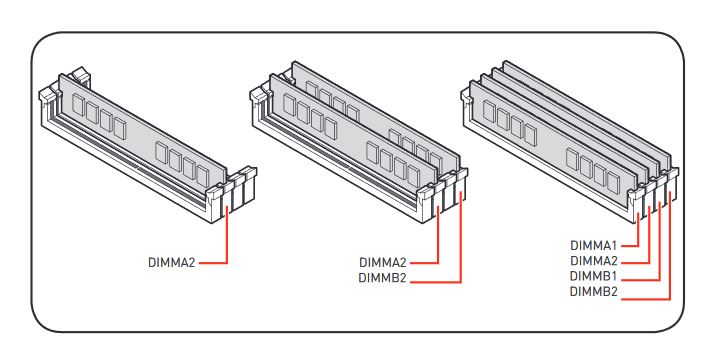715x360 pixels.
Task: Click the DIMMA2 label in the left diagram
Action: click(171, 263)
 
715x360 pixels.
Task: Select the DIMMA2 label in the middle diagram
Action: click(383, 263)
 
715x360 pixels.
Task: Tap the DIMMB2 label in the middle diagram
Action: click(382, 277)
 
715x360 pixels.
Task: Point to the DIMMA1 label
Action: click(594, 245)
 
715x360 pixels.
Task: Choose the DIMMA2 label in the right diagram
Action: click(594, 261)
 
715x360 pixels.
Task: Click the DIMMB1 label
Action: click(594, 276)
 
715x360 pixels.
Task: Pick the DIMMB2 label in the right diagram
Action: click(594, 291)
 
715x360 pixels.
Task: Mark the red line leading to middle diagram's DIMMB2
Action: click(461, 282)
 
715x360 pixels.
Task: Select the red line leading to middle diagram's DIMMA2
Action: click(438, 262)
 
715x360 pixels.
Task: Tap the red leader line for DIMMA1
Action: click(637, 245)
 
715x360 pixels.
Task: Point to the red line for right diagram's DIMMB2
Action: click(670, 299)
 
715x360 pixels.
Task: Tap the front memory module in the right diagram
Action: click(553, 137)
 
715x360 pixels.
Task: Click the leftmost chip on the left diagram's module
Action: click(78, 105)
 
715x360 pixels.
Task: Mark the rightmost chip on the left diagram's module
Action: click(203, 176)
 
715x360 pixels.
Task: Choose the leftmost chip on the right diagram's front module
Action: click(489, 111)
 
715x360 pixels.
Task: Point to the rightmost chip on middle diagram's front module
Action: click(414, 176)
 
